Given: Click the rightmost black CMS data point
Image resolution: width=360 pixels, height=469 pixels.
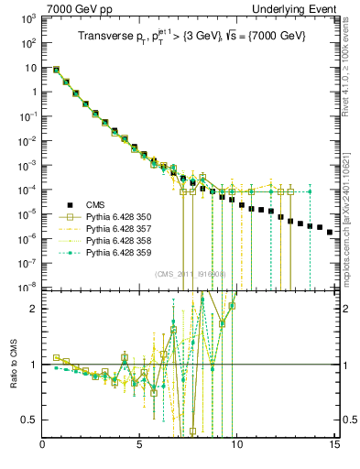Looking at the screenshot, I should (x=330, y=232).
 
